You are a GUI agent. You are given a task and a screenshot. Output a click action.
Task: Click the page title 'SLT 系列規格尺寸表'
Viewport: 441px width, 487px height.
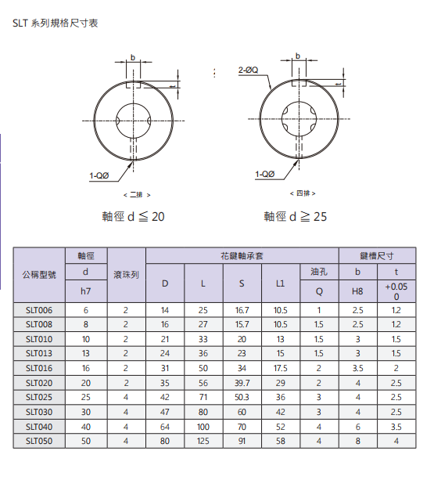tap(56, 23)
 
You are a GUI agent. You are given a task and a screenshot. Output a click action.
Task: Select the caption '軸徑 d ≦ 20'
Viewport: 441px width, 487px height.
tap(133, 216)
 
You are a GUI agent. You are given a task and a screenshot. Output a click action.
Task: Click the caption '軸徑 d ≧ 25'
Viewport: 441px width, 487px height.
tap(296, 216)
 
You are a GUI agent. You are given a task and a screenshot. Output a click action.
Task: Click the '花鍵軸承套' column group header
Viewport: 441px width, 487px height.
tap(242, 255)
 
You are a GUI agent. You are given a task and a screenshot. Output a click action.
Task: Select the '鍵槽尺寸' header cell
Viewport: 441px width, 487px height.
tap(377, 255)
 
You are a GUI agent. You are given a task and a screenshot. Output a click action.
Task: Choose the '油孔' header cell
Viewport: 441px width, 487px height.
tap(318, 271)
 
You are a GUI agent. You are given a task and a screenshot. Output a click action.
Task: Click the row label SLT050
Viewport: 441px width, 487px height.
tap(39, 442)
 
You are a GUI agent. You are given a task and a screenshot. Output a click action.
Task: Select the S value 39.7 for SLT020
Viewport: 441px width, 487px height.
tap(242, 383)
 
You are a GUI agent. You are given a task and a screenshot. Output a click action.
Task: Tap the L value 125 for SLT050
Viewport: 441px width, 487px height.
tap(203, 442)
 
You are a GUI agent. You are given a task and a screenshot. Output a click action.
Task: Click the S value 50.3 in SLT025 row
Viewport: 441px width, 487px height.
tap(242, 398)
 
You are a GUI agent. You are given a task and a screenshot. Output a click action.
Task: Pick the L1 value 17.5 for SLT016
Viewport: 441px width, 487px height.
tap(280, 369)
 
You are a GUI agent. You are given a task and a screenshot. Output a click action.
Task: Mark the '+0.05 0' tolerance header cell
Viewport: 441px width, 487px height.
tap(396, 291)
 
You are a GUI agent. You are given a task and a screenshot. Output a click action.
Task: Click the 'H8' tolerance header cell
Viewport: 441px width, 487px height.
tap(357, 290)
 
